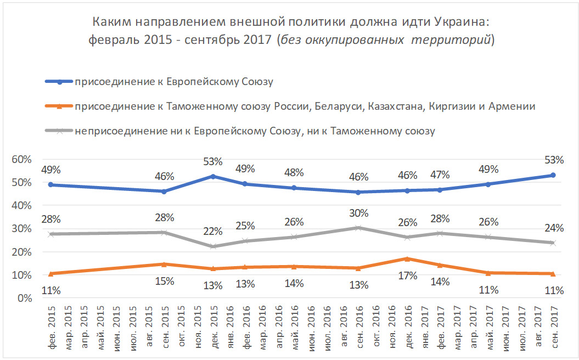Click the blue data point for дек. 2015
213,176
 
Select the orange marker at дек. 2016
407,258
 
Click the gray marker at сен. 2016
358,228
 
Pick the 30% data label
358,213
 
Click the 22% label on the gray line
213,232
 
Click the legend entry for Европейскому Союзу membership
174,82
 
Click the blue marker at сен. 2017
553,175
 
